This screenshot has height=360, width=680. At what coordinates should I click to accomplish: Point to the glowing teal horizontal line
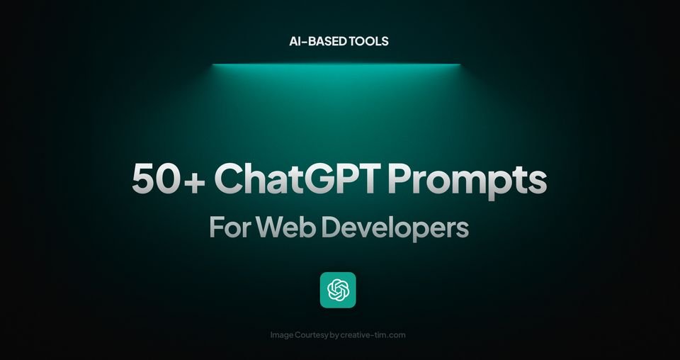click(336, 64)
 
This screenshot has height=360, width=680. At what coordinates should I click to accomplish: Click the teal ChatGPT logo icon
click(338, 290)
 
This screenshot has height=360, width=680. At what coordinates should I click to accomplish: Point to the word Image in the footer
click(284, 335)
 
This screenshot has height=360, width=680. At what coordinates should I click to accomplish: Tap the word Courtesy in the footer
click(314, 335)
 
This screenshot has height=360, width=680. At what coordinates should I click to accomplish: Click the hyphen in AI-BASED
click(300, 42)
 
